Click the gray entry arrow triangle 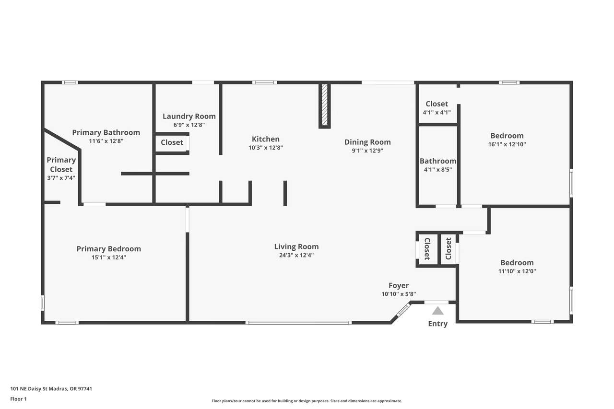coord(438,311)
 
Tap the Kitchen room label coord(266,139)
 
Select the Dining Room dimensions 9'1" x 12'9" coord(367,151)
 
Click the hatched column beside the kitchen coord(325,105)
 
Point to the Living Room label coord(296,246)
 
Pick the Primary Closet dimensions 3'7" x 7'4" coord(61,178)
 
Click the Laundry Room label coord(189,116)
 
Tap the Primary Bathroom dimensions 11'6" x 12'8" coord(106,141)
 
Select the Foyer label coord(399,285)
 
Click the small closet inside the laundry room coord(172,142)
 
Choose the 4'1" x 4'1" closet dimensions coord(437,112)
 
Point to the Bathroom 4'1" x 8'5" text coord(438,165)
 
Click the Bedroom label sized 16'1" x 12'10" coord(507,136)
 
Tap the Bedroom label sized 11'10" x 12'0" coord(517,262)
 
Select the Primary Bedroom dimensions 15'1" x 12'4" coord(109,257)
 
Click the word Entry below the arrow coord(438,324)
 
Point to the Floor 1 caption coord(18,399)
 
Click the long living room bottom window coord(298,323)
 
